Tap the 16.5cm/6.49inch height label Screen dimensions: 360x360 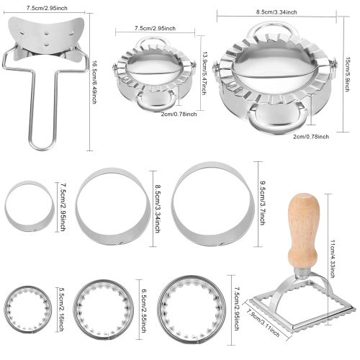94,82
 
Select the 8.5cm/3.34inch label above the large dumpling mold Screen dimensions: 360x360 276,12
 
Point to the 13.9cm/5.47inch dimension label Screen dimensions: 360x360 204,73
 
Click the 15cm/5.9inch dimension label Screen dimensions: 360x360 346,74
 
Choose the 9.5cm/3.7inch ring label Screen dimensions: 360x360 262,203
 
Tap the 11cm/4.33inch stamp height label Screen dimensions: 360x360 333,258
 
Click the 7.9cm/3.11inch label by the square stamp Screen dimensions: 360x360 264,323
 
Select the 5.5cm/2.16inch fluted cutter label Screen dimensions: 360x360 60,310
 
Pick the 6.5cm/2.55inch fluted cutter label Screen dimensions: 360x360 144,310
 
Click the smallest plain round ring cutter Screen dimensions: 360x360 29,206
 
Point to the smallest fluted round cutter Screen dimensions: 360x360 28,310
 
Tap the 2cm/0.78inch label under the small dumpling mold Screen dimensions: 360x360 179,114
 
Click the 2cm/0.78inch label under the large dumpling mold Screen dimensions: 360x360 311,137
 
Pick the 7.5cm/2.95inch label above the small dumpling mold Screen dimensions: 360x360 155,28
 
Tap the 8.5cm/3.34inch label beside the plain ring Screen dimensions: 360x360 158,209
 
